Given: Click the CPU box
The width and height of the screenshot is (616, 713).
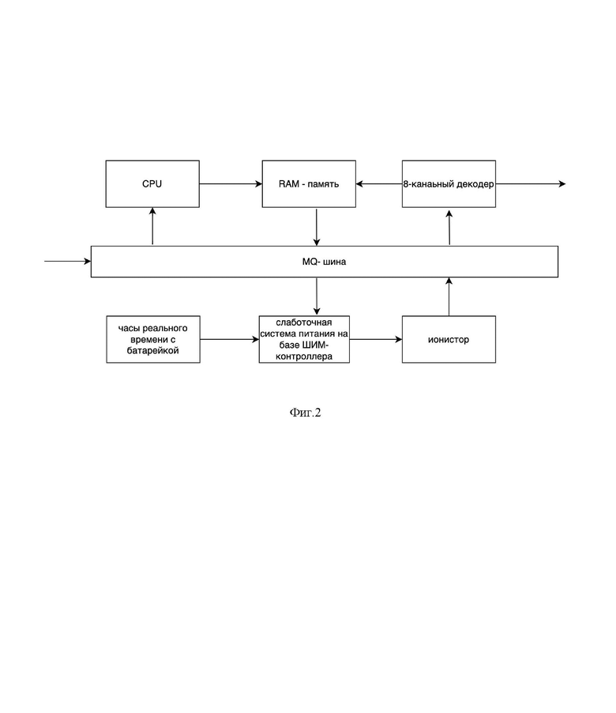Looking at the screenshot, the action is click(152, 183).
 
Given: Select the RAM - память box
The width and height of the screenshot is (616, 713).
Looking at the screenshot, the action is click(309, 183).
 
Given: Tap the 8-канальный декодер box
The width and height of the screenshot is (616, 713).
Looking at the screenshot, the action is click(449, 183).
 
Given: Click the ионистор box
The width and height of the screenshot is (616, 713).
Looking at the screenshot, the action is click(449, 339).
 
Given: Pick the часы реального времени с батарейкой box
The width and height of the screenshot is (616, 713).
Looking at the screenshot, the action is click(153, 339).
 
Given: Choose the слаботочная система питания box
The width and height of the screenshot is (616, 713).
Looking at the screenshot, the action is click(304, 339).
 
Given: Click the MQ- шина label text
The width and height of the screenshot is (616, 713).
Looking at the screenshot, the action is click(324, 262).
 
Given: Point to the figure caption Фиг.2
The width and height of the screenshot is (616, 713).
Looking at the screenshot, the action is click(306, 413).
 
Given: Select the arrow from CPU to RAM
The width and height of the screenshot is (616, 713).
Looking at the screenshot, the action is click(231, 183).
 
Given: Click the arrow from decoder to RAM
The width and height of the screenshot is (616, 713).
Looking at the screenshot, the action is click(379, 183).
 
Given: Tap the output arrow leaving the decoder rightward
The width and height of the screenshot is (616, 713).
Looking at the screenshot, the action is click(531, 183).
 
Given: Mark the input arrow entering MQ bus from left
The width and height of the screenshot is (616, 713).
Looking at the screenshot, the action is click(68, 261).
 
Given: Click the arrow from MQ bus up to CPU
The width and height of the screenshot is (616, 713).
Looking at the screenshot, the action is click(152, 226).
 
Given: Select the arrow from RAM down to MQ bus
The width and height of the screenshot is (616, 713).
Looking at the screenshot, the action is click(317, 227).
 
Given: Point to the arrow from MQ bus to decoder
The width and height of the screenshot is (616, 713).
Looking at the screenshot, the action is click(449, 228).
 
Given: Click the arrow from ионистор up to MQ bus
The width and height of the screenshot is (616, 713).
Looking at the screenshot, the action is click(449, 296).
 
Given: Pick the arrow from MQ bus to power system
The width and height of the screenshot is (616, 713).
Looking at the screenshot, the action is click(317, 296).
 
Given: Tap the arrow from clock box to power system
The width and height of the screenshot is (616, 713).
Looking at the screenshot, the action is click(229, 339).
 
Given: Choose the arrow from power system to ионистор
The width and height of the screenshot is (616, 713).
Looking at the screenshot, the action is click(376, 339).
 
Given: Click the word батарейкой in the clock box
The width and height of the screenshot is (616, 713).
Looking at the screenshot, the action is click(152, 351).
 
